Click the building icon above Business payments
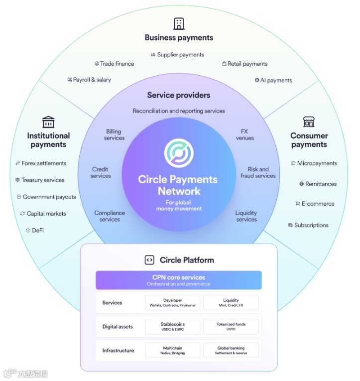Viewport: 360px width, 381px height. point(179,23)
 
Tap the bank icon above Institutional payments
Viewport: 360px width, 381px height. point(48,122)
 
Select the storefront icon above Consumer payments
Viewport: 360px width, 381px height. point(309,122)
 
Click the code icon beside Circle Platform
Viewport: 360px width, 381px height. point(149,260)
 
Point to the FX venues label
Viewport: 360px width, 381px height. point(244,134)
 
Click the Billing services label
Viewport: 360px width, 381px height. point(114,134)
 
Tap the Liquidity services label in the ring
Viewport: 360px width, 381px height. point(246,216)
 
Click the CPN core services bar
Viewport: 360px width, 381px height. point(179,280)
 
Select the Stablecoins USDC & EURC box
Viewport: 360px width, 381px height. point(173,326)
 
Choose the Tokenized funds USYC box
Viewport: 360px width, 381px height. point(231,326)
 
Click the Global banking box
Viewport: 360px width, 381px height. point(231,350)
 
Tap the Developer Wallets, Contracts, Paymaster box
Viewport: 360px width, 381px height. point(173,302)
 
